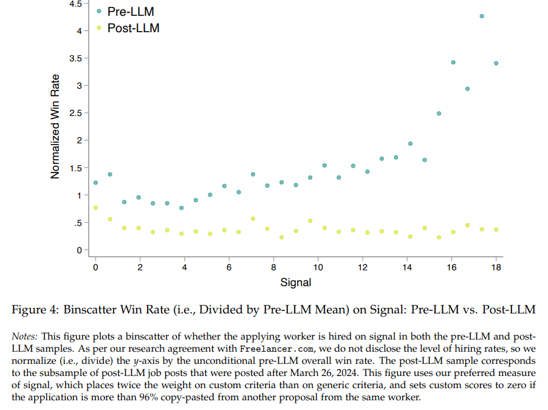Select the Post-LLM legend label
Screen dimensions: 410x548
pyautogui.click(x=133, y=28)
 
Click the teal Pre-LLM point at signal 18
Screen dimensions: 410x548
pyautogui.click(x=496, y=63)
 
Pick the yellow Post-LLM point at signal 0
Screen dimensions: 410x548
pyautogui.click(x=95, y=208)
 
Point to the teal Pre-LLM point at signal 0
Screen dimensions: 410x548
pyautogui.click(x=95, y=183)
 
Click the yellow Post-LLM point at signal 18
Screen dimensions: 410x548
pyautogui.click(x=496, y=230)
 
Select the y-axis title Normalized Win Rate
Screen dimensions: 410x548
pyautogui.click(x=55, y=126)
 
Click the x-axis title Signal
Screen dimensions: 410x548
pyautogui.click(x=296, y=282)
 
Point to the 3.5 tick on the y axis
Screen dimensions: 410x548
pyautogui.click(x=75, y=58)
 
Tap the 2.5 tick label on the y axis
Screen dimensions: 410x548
pyautogui.click(x=75, y=113)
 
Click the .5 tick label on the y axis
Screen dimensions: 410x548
pyautogui.click(x=78, y=223)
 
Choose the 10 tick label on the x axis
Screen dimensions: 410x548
pyautogui.click(x=318, y=267)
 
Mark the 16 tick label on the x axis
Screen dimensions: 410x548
pyautogui.click(x=451, y=267)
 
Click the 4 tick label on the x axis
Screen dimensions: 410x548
pyautogui.click(x=184, y=267)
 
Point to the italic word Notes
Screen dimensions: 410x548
pyautogui.click(x=24, y=336)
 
